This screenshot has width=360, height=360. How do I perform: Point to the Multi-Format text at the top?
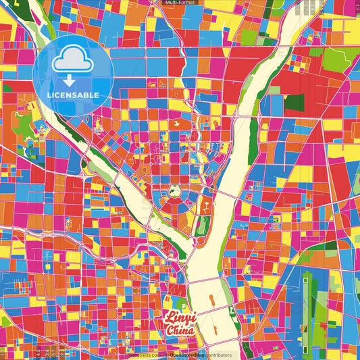pos(179,3)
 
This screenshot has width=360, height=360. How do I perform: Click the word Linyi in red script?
pos(178,318)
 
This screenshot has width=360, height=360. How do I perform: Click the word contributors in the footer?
pos(214,355)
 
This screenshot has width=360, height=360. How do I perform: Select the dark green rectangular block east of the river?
pos(294,102)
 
